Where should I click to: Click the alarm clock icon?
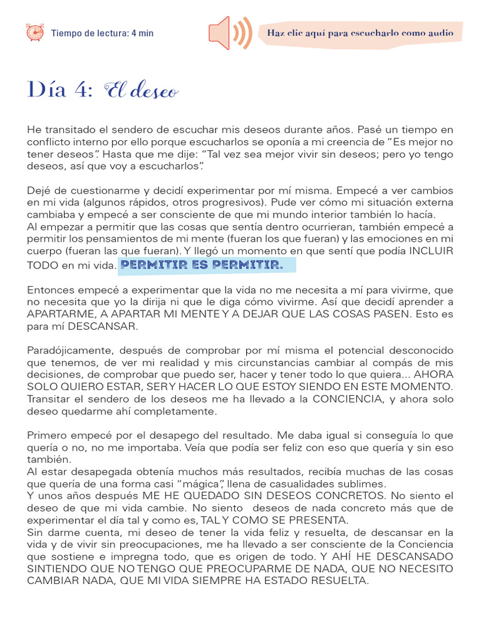coord(35,33)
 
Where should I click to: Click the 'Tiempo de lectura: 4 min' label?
coord(102,33)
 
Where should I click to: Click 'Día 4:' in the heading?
coord(60,90)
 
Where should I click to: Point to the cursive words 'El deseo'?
coord(142,91)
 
